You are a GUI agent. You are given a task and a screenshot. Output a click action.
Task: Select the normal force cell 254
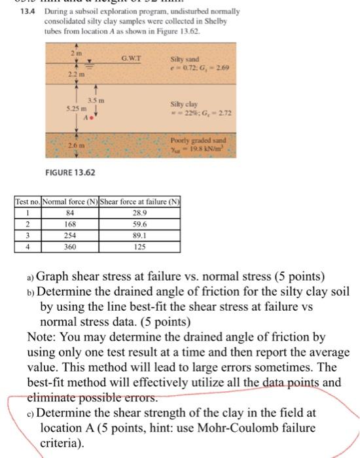point(63,238)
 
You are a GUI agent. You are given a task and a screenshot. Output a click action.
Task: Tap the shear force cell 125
point(121,249)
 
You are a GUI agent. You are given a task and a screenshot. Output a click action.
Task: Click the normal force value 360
point(63,249)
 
